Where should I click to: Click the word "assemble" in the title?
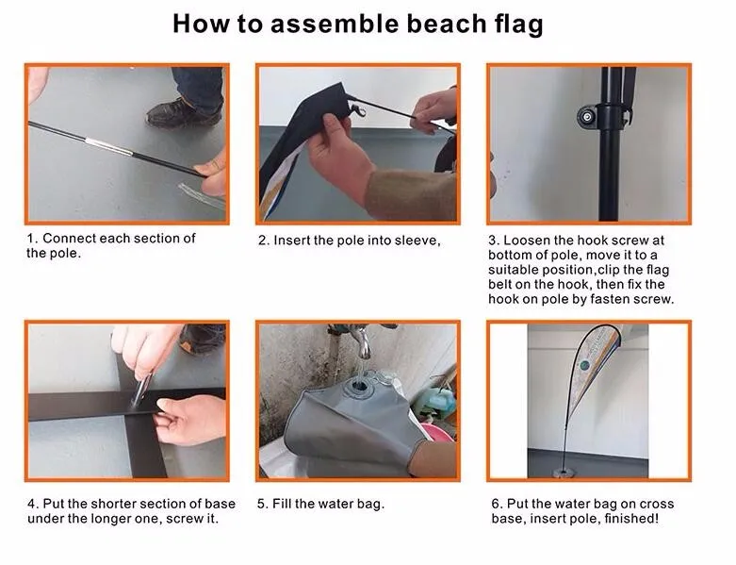pos(335,24)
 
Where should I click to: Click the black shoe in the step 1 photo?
pos(184,113)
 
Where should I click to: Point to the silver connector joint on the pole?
pos(108,146)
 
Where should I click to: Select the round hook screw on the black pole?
pos(587,116)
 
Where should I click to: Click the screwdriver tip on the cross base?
pos(135,404)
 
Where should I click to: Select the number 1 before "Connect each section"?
pos(31,239)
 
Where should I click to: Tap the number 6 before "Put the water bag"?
pos(496,504)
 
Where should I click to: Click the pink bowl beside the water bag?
pos(438,433)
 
